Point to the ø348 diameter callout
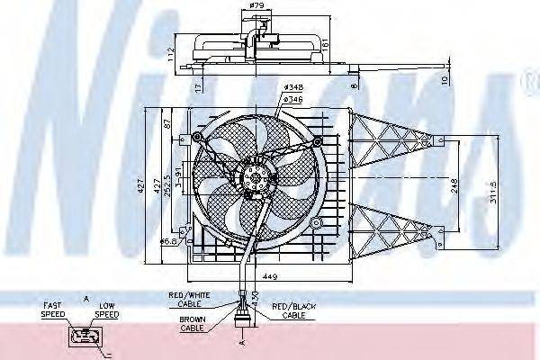point(292,86)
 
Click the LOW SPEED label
point(107,310)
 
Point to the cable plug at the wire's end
point(242,321)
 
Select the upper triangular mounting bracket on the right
point(389,142)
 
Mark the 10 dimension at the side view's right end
point(445,79)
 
